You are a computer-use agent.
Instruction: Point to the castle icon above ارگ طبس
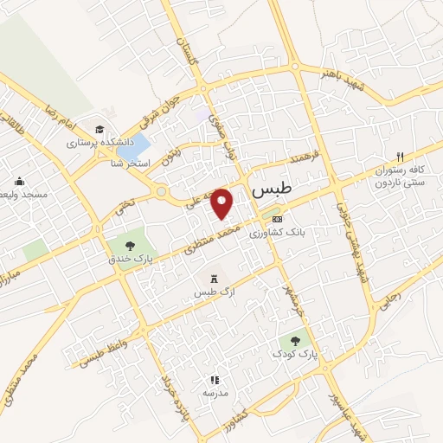click(x=213, y=279)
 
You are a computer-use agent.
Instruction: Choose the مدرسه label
click(x=215, y=393)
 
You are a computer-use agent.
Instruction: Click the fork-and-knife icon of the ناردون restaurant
click(x=400, y=157)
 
